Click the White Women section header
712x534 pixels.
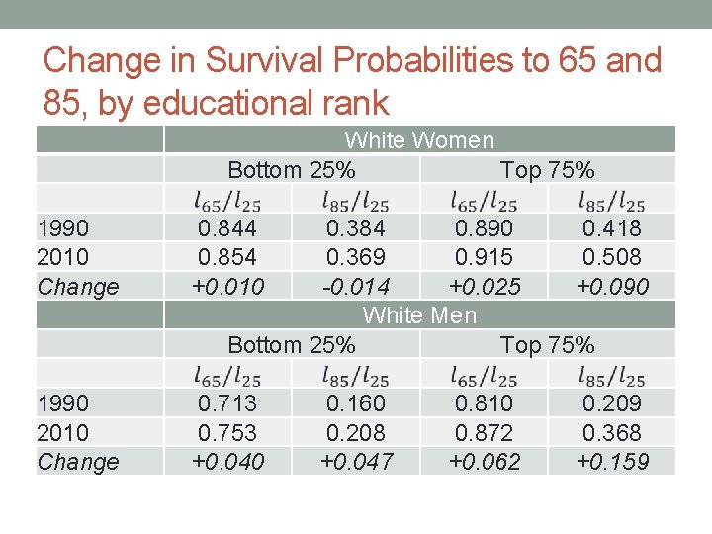coord(419,140)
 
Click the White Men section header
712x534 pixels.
coord(419,315)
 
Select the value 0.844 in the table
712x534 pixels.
coord(227,228)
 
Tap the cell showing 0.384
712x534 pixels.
coord(356,228)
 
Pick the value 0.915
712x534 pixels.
coord(484,257)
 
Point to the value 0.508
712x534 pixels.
coord(612,257)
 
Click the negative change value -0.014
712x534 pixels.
coord(356,287)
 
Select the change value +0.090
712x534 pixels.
coord(612,287)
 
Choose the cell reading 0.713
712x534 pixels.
coord(227,403)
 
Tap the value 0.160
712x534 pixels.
coord(356,403)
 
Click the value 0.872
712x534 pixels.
coord(484,433)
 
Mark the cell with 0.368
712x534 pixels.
coord(612,433)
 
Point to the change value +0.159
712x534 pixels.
coord(612,462)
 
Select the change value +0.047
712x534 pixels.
coord(356,462)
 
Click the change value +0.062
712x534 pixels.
coord(484,462)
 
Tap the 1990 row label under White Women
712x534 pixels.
coord(62,228)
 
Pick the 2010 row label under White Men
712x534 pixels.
coord(62,433)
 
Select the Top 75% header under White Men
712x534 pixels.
coord(548,345)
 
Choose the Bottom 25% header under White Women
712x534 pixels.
coord(292,170)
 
